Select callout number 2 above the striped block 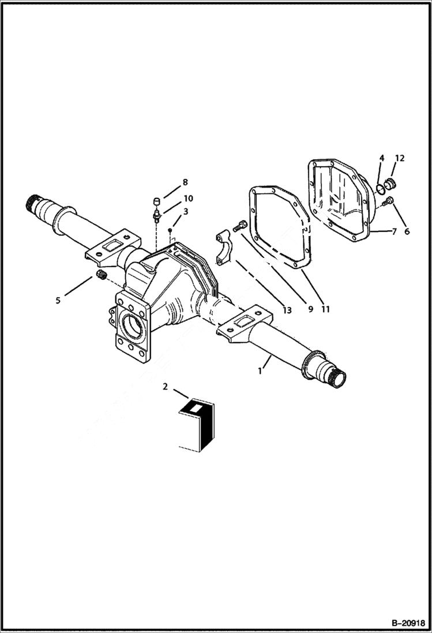[166, 387]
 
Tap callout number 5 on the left [58, 300]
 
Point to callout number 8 [185, 182]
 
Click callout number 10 [188, 198]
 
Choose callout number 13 [287, 310]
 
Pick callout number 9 [310, 309]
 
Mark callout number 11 [326, 309]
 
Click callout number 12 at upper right [400, 158]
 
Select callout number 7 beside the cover [394, 231]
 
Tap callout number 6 [407, 231]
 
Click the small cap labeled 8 [155, 201]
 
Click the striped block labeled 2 [196, 424]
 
